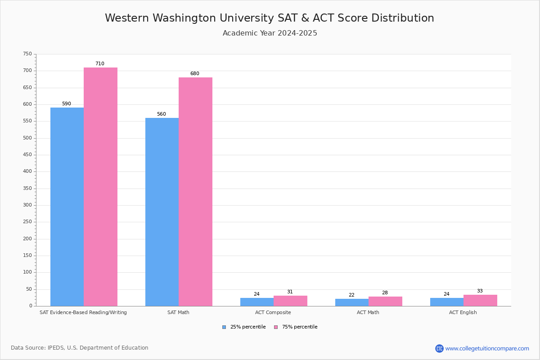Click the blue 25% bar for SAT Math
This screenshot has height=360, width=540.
tap(162, 211)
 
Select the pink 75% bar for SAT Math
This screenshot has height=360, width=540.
tap(195, 191)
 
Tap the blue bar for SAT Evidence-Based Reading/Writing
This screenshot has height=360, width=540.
tap(67, 207)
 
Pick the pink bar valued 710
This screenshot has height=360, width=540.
tap(100, 187)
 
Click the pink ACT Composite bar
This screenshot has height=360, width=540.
tap(290, 301)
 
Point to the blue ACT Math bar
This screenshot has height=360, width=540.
tap(352, 302)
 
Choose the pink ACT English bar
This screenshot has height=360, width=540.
tap(480, 301)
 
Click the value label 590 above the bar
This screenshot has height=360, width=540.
tap(67, 104)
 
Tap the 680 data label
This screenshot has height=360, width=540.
tap(194, 74)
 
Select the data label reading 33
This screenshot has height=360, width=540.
tap(480, 291)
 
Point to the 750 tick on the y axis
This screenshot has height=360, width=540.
tap(27, 54)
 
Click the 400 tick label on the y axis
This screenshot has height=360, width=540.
tap(27, 171)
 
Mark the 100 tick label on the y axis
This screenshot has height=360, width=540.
tap(27, 272)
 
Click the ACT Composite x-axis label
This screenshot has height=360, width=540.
tap(273, 312)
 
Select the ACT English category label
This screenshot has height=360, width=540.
tap(463, 312)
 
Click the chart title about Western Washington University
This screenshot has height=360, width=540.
tap(270, 18)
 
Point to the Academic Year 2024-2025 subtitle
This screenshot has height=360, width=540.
tap(270, 33)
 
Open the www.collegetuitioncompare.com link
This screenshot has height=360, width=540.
tap(487, 348)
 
